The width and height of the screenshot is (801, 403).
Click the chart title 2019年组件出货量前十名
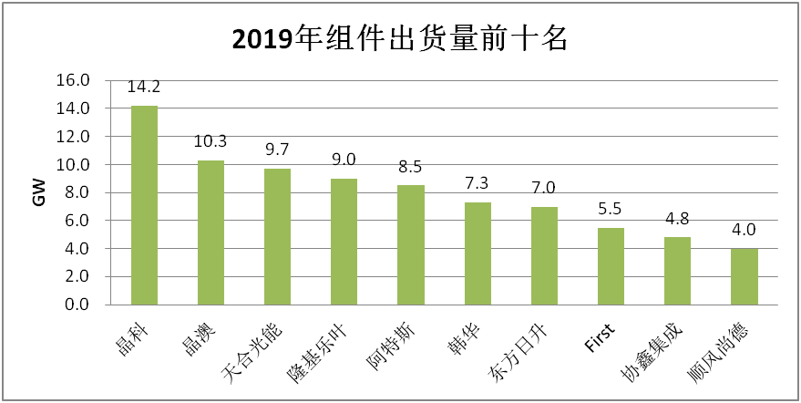400,39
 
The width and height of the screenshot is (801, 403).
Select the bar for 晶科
144,205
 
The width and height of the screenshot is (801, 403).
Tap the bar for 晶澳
211,232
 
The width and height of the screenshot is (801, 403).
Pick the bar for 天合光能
278,236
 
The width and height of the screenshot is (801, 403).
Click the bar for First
611,266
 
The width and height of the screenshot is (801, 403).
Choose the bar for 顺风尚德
744,276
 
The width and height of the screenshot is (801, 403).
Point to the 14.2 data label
144,88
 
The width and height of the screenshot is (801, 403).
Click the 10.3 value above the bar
211,143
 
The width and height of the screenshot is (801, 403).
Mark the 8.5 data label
411,168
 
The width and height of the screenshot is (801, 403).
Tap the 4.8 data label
677,220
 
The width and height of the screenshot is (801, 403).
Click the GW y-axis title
38,192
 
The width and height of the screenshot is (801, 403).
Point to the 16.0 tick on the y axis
73,80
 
